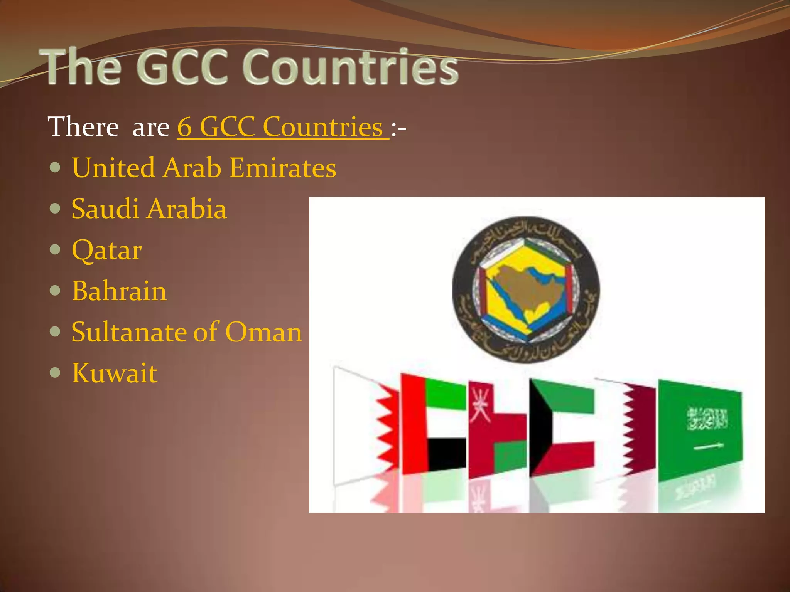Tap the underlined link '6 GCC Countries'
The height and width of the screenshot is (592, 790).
[x=283, y=127]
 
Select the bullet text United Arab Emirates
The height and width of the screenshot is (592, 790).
[x=204, y=168]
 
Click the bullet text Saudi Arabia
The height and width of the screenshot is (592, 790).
[x=149, y=209]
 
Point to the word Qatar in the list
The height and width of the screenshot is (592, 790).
[x=107, y=251]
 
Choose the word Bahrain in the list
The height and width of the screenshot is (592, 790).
[x=119, y=291]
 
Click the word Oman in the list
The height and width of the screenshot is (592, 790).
[x=263, y=332]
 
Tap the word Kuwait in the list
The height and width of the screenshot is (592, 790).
[x=115, y=373]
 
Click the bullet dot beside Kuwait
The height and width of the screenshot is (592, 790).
[x=56, y=373]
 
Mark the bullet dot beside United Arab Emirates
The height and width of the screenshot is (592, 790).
[x=56, y=168]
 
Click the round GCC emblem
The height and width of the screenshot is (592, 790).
[x=526, y=289]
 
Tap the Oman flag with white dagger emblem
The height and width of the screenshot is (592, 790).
[x=497, y=428]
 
